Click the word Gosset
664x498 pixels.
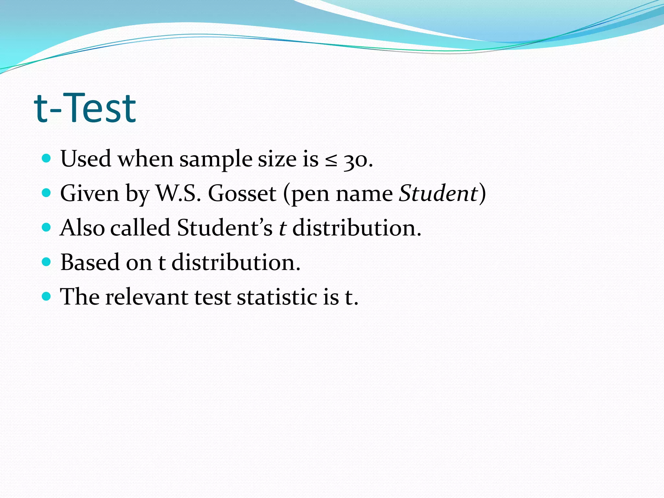[x=242, y=194]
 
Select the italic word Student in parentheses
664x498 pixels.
[x=438, y=194]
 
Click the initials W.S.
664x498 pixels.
[x=178, y=194]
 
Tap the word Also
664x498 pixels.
[x=82, y=228]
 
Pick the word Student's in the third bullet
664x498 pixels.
[x=225, y=228]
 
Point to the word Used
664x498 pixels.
[x=86, y=159]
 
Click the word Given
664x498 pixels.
[x=90, y=194]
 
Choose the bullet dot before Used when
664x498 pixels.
[x=47, y=158]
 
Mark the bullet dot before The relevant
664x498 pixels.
[x=47, y=296]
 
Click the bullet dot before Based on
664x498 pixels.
[x=47, y=262]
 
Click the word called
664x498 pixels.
[x=140, y=228]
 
